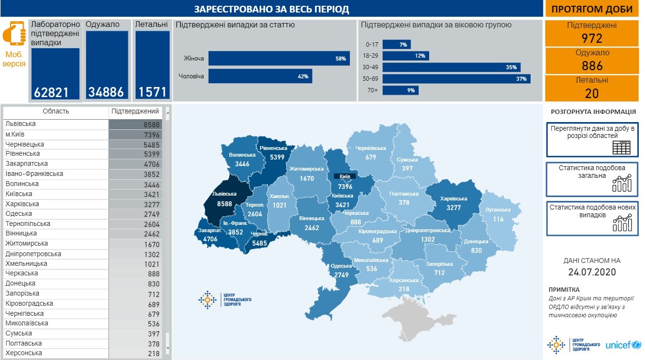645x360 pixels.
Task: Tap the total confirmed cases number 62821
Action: click(x=51, y=92)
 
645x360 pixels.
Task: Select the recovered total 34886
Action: click(x=106, y=92)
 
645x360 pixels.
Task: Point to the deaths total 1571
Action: click(x=152, y=92)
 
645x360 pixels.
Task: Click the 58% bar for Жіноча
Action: click(x=279, y=59)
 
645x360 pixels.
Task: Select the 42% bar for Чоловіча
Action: click(x=260, y=76)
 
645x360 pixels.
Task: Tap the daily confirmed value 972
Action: click(x=592, y=38)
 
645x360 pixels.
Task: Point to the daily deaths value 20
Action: click(x=592, y=93)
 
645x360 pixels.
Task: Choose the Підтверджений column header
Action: click(x=135, y=112)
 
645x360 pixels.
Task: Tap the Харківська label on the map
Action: click(x=453, y=199)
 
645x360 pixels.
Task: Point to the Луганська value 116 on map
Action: click(x=498, y=219)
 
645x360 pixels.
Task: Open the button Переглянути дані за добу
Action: click(x=592, y=139)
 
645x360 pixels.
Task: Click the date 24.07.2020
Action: click(x=592, y=272)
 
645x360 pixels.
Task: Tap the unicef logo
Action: click(x=623, y=345)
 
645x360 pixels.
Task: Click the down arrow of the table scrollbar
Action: click(x=168, y=347)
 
